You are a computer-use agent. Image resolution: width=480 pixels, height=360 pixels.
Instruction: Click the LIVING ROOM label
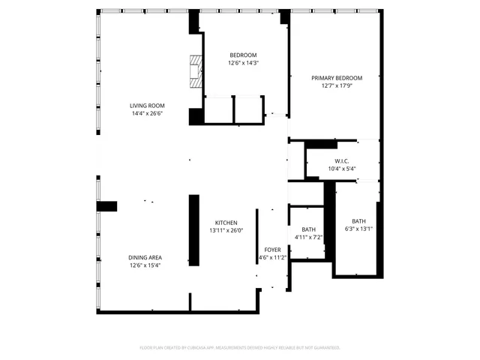point(147,106)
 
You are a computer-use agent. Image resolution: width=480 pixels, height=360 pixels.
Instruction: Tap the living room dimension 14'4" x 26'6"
point(147,114)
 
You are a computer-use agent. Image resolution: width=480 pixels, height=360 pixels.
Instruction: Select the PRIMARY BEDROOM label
point(337,78)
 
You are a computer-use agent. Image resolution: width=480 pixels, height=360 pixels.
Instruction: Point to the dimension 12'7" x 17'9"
point(337,86)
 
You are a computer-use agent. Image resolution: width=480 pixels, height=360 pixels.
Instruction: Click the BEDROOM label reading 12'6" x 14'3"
point(243,55)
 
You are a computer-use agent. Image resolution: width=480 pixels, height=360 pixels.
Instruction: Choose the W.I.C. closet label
point(342,160)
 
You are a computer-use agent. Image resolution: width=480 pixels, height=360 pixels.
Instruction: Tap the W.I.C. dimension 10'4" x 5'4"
point(342,169)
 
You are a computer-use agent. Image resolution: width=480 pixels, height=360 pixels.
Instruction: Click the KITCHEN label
point(226,223)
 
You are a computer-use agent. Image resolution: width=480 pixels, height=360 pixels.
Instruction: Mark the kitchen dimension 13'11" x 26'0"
point(226,231)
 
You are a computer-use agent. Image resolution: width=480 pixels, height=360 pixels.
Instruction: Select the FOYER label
point(272,249)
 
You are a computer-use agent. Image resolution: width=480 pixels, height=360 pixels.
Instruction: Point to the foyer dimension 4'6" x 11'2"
point(272,257)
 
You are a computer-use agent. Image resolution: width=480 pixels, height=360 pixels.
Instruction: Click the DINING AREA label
point(145,257)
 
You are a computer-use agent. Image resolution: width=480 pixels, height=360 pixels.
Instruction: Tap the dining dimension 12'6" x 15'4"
point(145,265)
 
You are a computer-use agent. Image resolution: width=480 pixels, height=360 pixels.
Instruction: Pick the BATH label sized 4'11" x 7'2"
point(308,229)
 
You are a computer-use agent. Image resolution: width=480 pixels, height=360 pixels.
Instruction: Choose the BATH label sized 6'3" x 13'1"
point(359,221)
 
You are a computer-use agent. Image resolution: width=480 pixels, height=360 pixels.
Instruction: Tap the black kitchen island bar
point(193,230)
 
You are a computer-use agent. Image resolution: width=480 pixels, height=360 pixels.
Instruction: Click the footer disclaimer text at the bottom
point(240,348)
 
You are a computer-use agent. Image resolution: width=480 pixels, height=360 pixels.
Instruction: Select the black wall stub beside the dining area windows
point(107,206)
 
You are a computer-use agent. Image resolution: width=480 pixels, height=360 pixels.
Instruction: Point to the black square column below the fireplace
point(196,117)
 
